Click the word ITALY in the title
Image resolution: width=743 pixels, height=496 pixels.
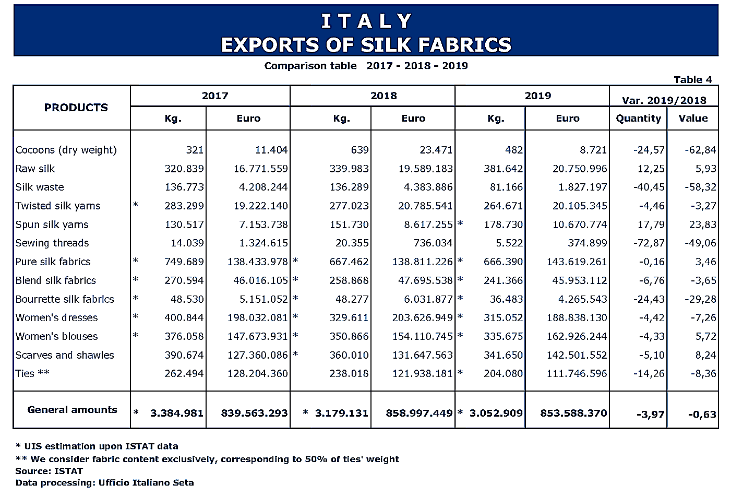coord(366,21)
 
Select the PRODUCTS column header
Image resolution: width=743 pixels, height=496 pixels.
coord(76,108)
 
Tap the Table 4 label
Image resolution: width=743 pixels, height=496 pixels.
coord(692,79)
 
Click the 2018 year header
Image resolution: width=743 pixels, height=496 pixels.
coord(384,96)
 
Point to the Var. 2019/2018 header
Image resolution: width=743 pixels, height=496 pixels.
coord(664,100)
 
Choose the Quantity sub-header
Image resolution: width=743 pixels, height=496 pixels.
coord(638,119)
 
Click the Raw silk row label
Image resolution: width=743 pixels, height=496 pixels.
coord(35,169)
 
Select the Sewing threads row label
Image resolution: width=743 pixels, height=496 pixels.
coord(52,243)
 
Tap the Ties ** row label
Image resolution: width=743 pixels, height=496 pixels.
coord(32,373)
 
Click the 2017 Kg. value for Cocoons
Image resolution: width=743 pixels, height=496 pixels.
coord(195,150)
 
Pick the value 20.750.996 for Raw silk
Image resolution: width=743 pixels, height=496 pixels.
coord(580,169)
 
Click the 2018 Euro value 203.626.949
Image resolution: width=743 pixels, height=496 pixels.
coord(423,317)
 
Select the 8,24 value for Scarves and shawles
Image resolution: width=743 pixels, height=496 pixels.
coord(705,355)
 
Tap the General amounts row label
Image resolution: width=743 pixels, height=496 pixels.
coord(72,410)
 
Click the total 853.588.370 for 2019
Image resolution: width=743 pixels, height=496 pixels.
coord(573,413)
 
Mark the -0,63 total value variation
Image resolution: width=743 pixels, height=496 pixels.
coord(702,415)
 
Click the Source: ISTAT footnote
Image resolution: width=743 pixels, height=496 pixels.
coord(49,471)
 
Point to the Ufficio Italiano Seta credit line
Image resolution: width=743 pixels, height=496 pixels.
coord(104,482)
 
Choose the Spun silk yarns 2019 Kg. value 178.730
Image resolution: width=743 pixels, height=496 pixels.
coord(503,225)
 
